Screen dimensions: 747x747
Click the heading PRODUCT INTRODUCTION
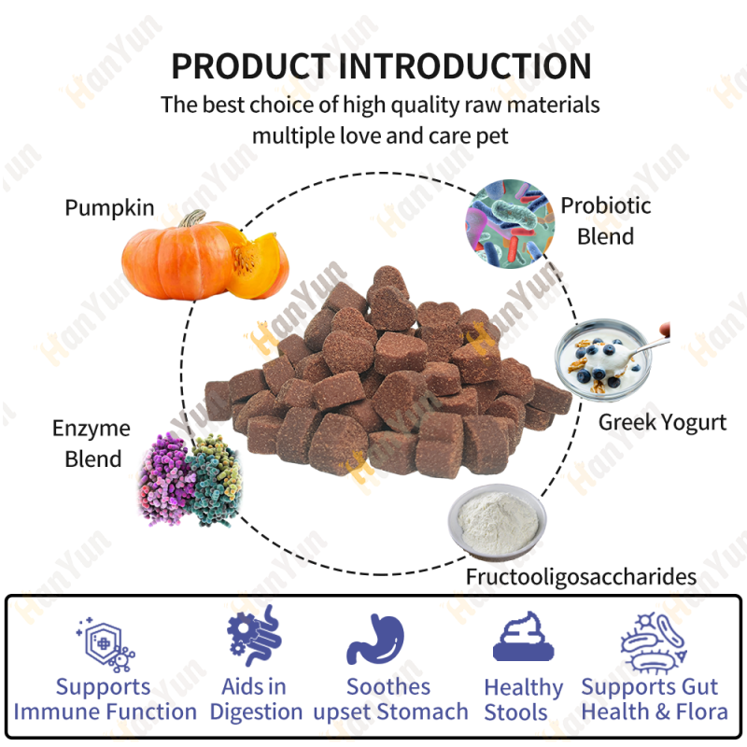click(381, 66)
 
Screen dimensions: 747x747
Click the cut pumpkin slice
click(258, 266)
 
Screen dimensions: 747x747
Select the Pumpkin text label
click(109, 207)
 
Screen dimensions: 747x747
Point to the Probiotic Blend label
click(605, 220)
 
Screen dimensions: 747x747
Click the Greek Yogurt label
click(662, 422)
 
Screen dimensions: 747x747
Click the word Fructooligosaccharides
click(581, 576)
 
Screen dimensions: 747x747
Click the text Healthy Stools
click(523, 699)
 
